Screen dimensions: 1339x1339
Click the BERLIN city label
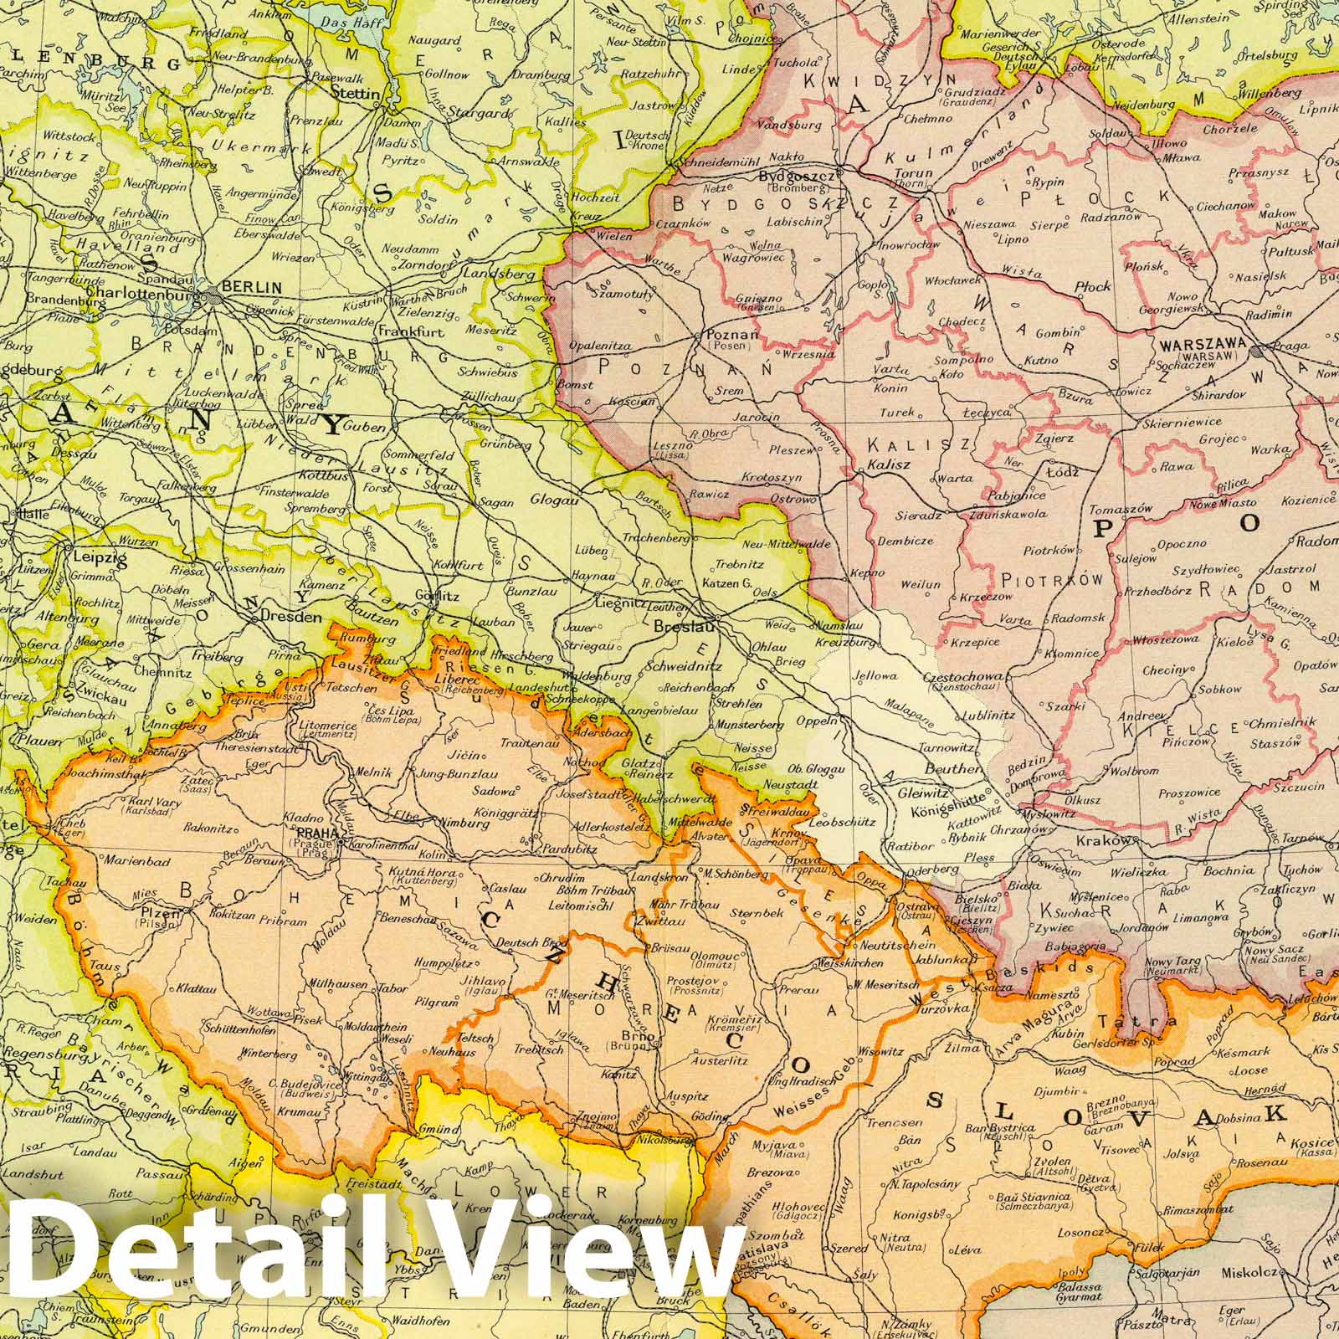[x=257, y=287]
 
